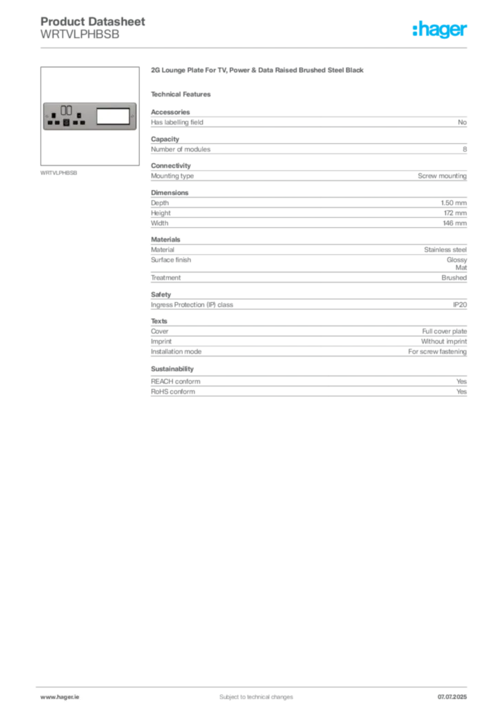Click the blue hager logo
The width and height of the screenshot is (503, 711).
coord(440,31)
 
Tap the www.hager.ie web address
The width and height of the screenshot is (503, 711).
coord(60,696)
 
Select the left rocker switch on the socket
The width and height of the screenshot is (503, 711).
coord(63,110)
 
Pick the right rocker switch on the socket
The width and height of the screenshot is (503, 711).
coord(70,110)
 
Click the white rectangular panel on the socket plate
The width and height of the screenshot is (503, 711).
coord(113,116)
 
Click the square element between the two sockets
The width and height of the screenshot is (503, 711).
coord(67,122)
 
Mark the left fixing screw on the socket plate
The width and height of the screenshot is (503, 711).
coord(46,117)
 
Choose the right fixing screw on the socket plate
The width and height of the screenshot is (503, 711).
coord(133,117)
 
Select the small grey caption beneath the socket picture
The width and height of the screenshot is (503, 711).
coord(58,172)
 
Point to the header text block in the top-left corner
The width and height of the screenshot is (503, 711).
coord(94,28)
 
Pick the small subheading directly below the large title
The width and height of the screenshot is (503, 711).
coord(183,94)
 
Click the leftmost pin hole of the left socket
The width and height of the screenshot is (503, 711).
coord(51,123)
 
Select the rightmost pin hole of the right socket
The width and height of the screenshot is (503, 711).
coord(83,123)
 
